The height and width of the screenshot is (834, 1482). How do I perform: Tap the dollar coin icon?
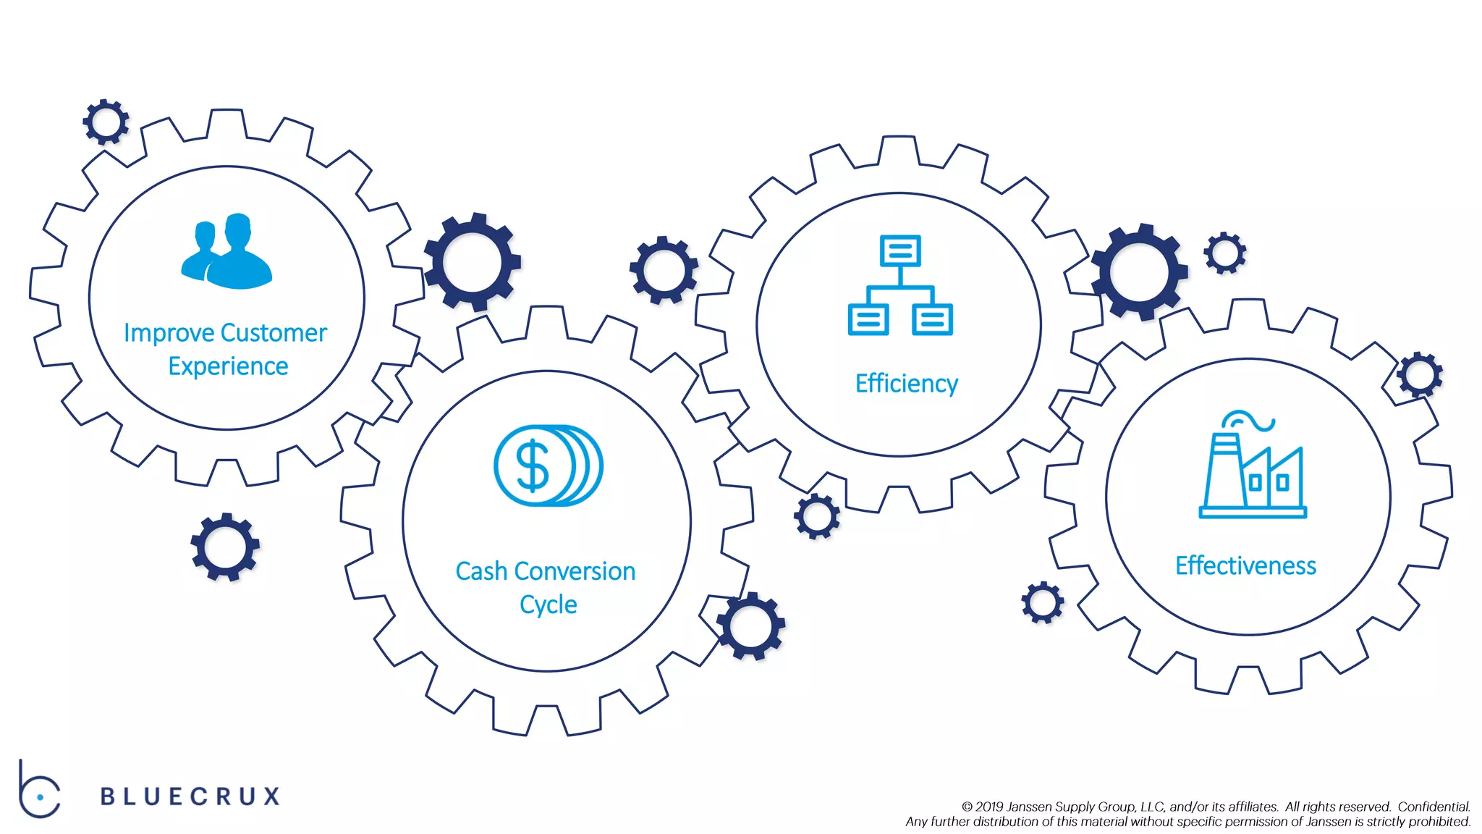tap(548, 466)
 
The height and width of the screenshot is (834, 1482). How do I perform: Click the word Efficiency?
tap(906, 383)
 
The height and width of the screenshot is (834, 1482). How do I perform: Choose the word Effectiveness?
tap(1245, 565)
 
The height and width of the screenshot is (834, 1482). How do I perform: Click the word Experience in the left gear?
tap(228, 366)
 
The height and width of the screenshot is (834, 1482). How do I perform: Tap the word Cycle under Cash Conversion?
tap(548, 605)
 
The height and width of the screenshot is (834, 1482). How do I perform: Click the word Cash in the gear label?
tap(481, 571)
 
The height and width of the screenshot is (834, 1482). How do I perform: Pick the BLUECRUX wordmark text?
tap(190, 796)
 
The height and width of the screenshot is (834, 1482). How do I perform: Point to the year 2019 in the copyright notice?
tap(989, 806)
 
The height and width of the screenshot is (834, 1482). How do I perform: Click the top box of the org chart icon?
tap(900, 250)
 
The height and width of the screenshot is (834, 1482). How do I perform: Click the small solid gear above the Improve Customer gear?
tap(106, 122)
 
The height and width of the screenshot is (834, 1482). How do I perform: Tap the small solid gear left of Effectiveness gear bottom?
tap(1043, 602)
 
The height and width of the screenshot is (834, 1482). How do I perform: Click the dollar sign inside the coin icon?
tap(533, 466)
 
